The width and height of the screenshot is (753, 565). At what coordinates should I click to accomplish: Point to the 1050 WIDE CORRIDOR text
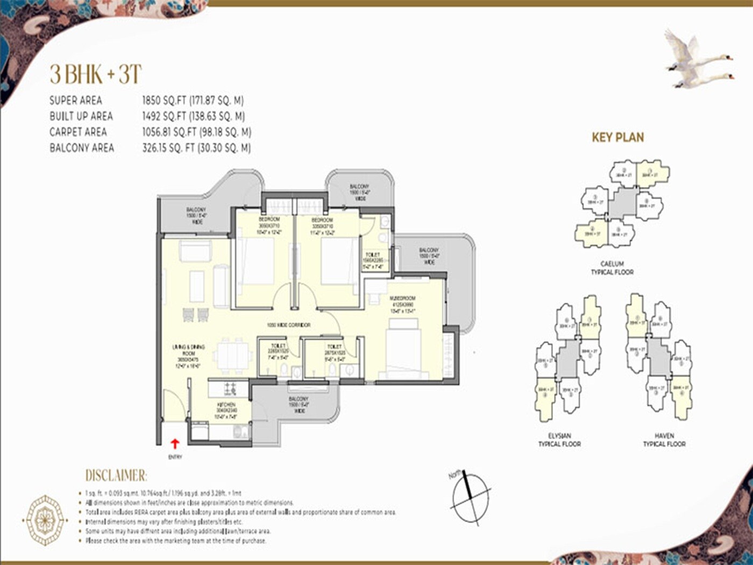pos(289,326)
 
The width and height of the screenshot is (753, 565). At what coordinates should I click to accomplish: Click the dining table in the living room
pos(232,356)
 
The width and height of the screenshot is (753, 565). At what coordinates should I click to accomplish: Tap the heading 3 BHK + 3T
pos(96,74)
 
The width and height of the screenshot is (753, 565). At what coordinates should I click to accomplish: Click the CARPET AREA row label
pos(78,132)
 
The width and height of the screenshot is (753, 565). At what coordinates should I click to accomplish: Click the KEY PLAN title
pos(617,137)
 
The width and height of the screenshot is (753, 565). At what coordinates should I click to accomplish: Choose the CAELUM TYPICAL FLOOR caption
pos(612,268)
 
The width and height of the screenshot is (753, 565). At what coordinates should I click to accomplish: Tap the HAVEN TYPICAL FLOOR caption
pos(664,440)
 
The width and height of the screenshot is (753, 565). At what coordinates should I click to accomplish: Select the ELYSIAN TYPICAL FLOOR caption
pos(559,440)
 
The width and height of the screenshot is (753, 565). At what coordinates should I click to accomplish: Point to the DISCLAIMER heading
pos(116,476)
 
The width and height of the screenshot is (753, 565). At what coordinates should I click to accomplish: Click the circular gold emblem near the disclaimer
pos(45,520)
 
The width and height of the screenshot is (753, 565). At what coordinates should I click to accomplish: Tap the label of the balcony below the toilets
pos(299,405)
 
